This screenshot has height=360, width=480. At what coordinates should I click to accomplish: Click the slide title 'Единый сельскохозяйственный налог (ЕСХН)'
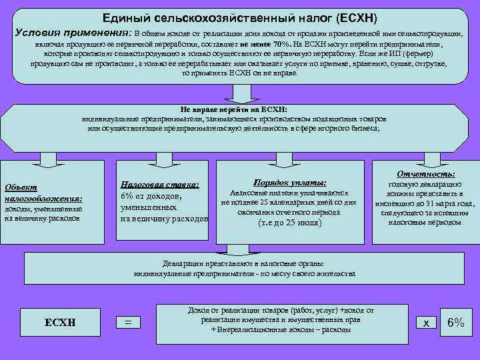(240, 17)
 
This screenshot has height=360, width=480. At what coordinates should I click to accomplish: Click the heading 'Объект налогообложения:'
(43, 193)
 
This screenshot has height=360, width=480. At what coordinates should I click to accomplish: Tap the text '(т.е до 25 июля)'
(289, 223)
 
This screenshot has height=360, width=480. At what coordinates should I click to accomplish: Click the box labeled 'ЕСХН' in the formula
(59, 323)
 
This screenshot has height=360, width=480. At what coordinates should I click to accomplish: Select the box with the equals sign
(129, 323)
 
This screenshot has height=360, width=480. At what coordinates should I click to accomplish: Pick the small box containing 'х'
(425, 323)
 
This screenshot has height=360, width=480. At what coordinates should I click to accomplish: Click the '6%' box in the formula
(456, 323)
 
